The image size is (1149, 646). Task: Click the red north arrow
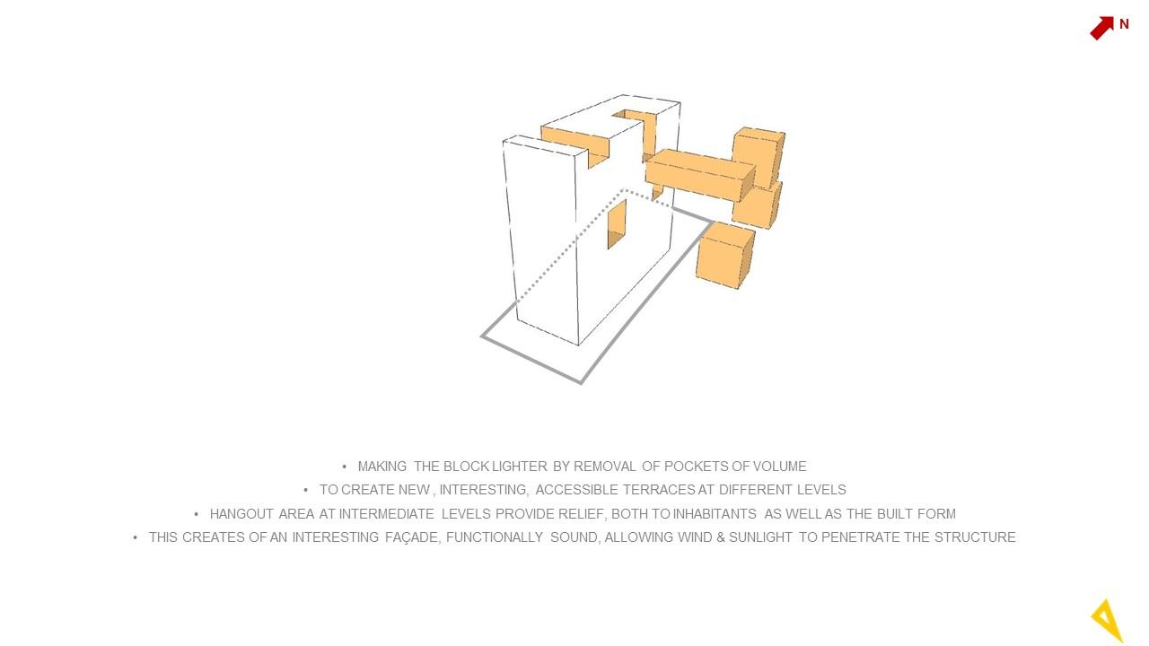(x=1101, y=28)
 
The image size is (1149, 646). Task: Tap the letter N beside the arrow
(x=1124, y=24)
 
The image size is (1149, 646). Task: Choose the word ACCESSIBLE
(x=576, y=490)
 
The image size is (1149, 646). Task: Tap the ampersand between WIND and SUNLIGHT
(x=720, y=537)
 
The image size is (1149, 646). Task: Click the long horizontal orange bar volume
(x=700, y=175)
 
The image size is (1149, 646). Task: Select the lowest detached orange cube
(x=725, y=255)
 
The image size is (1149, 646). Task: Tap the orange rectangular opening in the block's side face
(x=617, y=224)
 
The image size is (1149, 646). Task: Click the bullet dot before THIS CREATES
(x=135, y=537)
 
